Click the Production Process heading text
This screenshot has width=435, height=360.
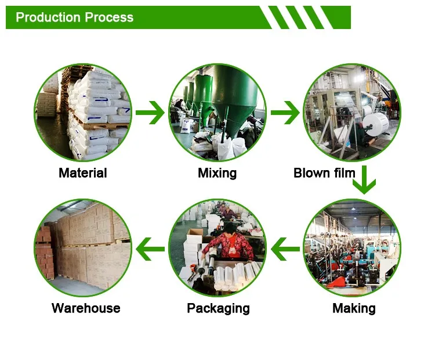coord(74,17)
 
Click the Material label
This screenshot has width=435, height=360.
coord(83,172)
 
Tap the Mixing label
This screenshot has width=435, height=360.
coord(217,172)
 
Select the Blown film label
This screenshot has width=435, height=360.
coord(324,172)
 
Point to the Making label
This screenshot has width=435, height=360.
coord(354,308)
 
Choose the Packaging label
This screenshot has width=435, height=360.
coord(218,308)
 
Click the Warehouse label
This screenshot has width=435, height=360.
coord(86,308)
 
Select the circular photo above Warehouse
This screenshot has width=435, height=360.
coord(83,249)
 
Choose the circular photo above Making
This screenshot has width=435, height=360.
coord(353,249)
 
